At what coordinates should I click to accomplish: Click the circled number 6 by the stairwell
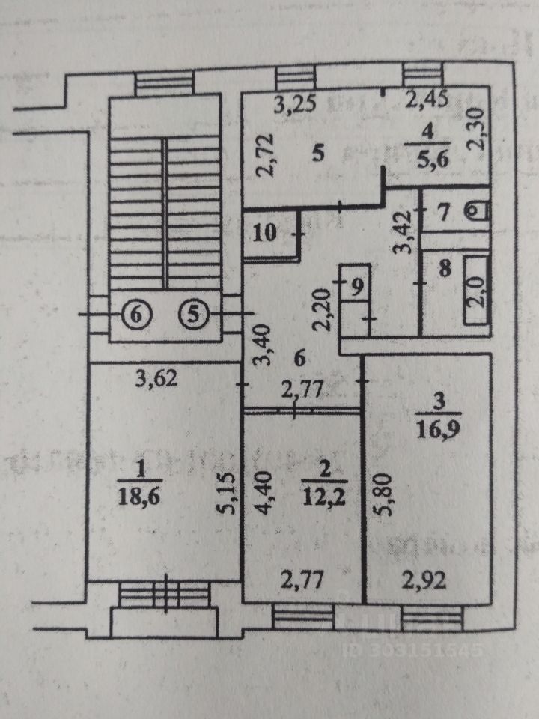click(135, 315)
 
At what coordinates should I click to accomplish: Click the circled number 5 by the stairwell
click(194, 315)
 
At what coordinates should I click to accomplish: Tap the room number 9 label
click(358, 285)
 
